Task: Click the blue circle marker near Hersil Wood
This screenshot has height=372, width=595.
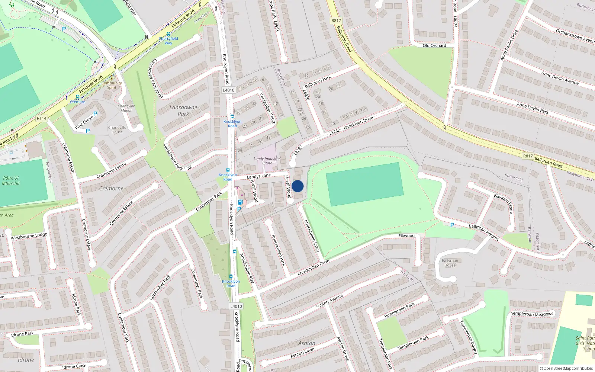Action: tap(297, 186)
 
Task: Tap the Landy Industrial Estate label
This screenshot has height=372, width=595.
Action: tap(267, 161)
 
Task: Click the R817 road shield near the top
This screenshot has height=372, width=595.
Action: tap(336, 21)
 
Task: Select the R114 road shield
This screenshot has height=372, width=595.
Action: tap(42, 118)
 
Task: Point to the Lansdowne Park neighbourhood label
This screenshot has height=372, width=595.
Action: tap(183, 110)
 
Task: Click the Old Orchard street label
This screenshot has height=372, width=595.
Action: tap(434, 45)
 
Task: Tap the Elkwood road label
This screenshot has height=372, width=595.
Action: tap(406, 235)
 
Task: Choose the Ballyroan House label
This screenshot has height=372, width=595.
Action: tap(450, 263)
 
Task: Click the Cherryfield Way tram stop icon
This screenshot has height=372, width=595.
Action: tap(168, 34)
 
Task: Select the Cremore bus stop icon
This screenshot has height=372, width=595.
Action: tap(78, 97)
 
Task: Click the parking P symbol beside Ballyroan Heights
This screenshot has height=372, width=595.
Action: tap(452, 225)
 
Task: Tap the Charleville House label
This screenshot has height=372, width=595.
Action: tap(117, 129)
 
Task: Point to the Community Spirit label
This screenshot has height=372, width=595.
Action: tap(112, 85)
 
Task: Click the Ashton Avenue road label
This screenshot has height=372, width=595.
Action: tap(329, 301)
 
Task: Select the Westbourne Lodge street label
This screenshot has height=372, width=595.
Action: tap(29, 236)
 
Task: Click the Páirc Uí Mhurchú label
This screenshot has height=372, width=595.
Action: tap(11, 180)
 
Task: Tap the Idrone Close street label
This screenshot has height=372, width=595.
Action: tap(74, 366)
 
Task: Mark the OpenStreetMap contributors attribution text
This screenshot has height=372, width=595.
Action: tap(568, 369)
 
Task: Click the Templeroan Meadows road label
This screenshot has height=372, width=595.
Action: tap(532, 314)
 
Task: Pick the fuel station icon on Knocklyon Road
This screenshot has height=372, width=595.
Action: tap(240, 202)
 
